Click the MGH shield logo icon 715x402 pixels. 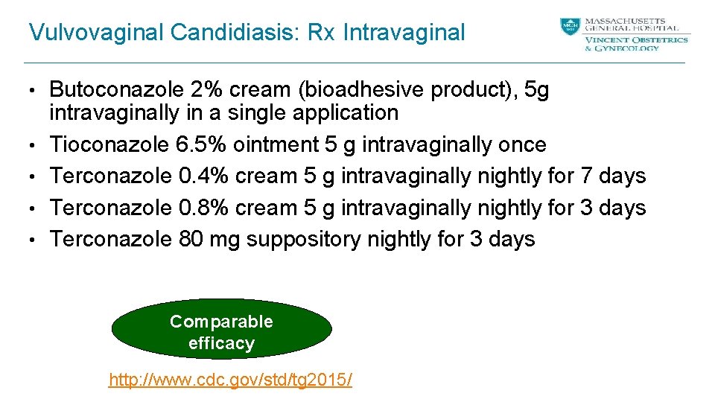570,27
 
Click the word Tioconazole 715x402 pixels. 110,144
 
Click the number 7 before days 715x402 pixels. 586,176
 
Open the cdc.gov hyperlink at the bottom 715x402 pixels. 231,380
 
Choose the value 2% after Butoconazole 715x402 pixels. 205,90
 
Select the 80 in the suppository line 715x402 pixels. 192,240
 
